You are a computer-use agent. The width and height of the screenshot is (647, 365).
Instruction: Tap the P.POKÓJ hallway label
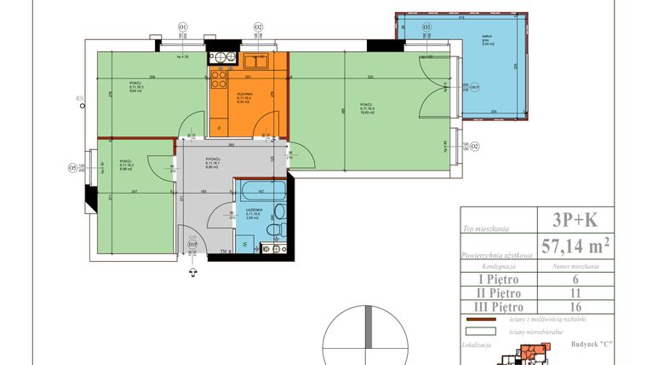click(214, 159)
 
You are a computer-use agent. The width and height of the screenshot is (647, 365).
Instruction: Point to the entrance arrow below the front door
click(192, 272)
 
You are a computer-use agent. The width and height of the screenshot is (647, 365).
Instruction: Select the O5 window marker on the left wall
click(73, 167)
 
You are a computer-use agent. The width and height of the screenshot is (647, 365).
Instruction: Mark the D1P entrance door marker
click(192, 246)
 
